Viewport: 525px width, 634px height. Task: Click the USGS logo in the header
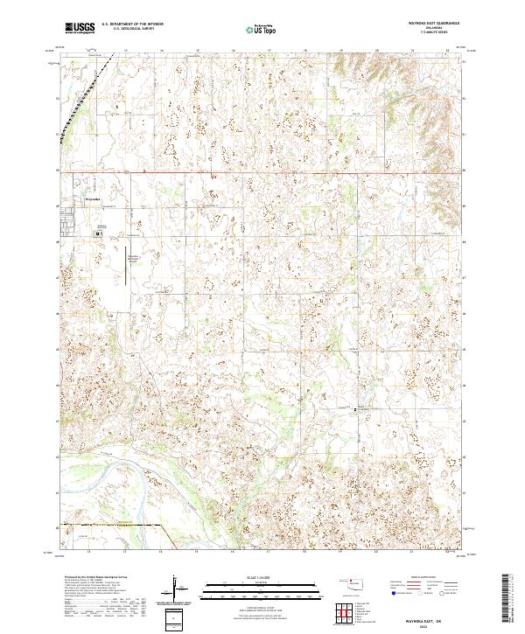pyautogui.click(x=80, y=28)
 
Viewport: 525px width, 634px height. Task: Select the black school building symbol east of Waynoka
pyautogui.click(x=98, y=233)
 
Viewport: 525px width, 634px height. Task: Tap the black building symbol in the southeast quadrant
pyautogui.click(x=354, y=408)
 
